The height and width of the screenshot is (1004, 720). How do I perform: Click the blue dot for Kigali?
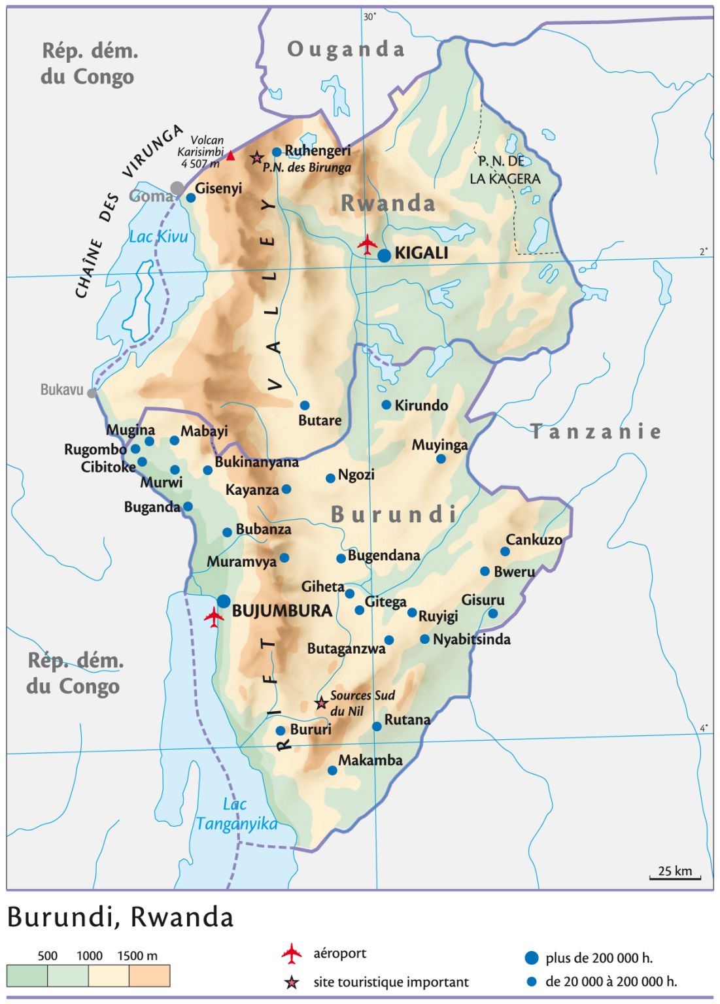coord(385,255)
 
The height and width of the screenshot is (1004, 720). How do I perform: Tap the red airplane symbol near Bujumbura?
coord(214,616)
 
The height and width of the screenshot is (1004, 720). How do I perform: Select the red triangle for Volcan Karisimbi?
coord(230,156)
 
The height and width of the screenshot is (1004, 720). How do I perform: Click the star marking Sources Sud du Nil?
coord(321,703)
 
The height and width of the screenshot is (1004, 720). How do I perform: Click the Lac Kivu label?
coord(158,237)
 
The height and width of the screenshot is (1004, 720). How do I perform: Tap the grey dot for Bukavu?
coord(92,393)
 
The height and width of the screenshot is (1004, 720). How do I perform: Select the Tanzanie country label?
coord(595,431)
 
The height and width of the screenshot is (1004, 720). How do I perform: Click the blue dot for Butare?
coord(305,405)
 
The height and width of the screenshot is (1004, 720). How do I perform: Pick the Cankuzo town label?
coord(534,540)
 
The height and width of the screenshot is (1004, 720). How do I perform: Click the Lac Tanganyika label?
coord(236,814)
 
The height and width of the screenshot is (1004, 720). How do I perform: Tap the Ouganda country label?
coord(346,49)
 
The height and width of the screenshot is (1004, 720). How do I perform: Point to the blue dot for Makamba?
coord(332,771)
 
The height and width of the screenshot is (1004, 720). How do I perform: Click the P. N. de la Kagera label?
coord(505,170)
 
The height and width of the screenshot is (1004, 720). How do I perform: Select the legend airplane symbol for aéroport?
coord(292,954)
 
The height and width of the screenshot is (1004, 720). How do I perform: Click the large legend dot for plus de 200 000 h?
coord(532,958)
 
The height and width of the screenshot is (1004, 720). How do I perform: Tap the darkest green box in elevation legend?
coord(27,975)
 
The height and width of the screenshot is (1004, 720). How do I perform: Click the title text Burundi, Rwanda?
coord(120,917)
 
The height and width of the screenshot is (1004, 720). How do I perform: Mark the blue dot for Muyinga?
coord(441,459)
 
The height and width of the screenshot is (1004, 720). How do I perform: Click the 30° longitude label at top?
coord(370,17)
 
